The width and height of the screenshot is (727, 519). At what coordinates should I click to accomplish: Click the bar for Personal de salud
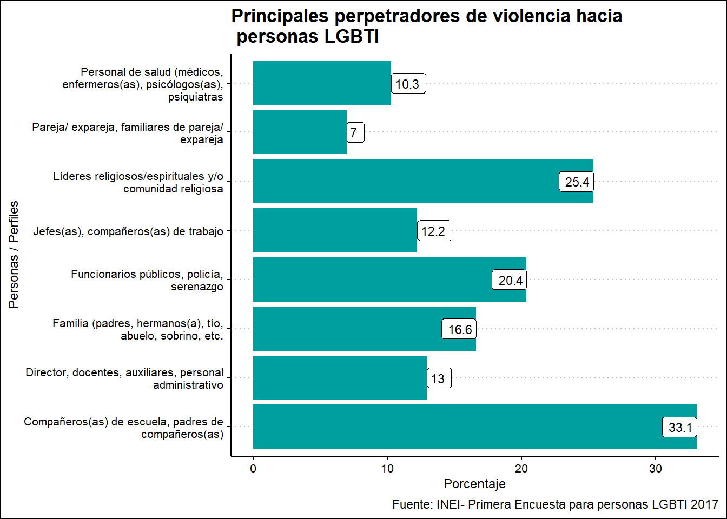(322, 83)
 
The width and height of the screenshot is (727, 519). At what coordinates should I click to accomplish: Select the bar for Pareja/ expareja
(300, 132)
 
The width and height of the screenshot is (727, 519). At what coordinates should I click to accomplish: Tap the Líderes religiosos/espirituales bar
(406, 181)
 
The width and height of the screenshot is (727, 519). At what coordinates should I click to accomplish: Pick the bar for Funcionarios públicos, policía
(373, 280)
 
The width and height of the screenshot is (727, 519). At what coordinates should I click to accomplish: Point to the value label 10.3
(408, 84)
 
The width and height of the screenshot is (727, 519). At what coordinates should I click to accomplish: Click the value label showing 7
(355, 132)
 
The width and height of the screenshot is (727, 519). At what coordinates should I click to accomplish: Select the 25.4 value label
(577, 182)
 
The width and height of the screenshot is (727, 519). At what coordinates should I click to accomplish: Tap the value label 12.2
(434, 231)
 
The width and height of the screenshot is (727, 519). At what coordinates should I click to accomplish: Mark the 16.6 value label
(459, 329)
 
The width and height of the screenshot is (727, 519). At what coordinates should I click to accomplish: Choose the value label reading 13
(438, 378)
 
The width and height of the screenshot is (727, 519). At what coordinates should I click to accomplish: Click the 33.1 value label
(680, 428)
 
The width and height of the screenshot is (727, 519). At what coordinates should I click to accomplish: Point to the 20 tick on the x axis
(521, 469)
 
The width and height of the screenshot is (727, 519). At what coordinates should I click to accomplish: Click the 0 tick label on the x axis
(253, 469)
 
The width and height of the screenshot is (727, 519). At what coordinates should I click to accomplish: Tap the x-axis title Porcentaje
(474, 484)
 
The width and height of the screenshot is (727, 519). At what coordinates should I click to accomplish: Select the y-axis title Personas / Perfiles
(14, 254)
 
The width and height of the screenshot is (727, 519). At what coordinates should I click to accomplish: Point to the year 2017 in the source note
(704, 504)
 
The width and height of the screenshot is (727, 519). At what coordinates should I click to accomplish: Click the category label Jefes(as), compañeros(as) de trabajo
(128, 231)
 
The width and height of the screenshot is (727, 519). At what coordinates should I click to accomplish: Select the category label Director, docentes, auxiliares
(124, 378)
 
